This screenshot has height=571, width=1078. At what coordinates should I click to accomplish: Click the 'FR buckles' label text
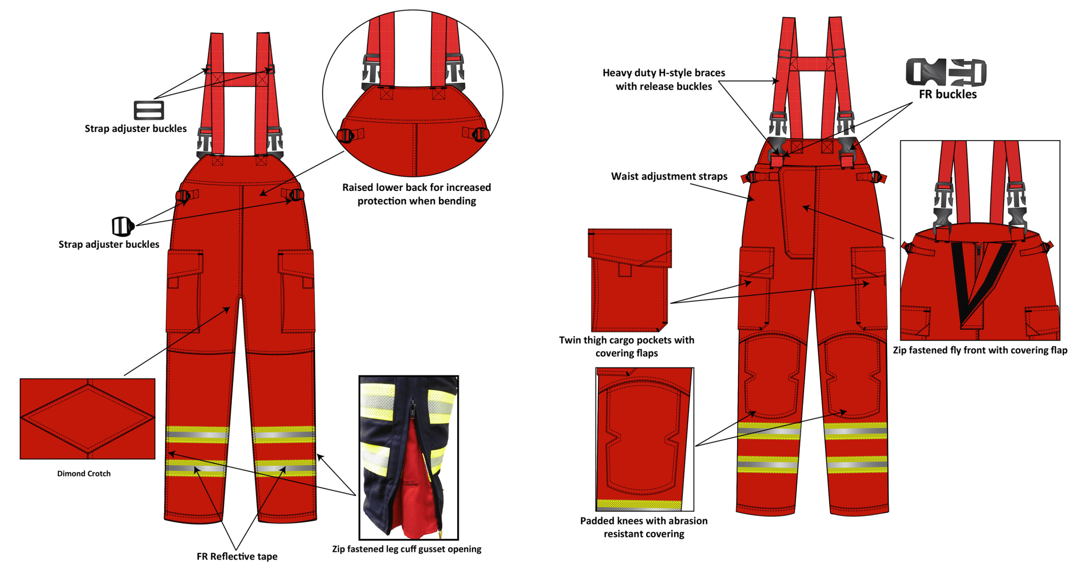(947, 94)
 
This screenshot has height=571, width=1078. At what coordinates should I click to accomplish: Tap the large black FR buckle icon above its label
(945, 72)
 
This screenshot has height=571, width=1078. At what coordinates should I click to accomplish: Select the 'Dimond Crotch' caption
(84, 473)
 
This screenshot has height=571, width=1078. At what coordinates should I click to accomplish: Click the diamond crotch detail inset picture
(87, 418)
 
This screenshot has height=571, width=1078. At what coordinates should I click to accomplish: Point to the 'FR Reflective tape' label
(237, 556)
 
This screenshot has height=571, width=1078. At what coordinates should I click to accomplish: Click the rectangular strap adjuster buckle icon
(148, 110)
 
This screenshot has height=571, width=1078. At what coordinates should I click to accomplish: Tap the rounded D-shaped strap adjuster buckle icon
(122, 226)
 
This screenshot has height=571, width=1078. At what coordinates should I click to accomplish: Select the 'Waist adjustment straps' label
(669, 176)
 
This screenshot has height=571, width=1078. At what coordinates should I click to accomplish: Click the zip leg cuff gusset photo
(408, 457)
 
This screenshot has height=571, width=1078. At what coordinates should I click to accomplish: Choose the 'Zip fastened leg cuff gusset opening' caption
(406, 549)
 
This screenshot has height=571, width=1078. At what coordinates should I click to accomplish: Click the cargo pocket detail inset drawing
(629, 280)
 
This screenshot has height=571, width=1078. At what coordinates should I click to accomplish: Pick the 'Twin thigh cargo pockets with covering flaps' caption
(626, 346)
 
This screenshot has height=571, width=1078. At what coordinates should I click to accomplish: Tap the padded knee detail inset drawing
(644, 438)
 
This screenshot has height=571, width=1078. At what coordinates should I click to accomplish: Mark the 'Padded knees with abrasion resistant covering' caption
(643, 527)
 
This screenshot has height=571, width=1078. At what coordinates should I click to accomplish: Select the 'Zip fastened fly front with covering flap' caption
(979, 350)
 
